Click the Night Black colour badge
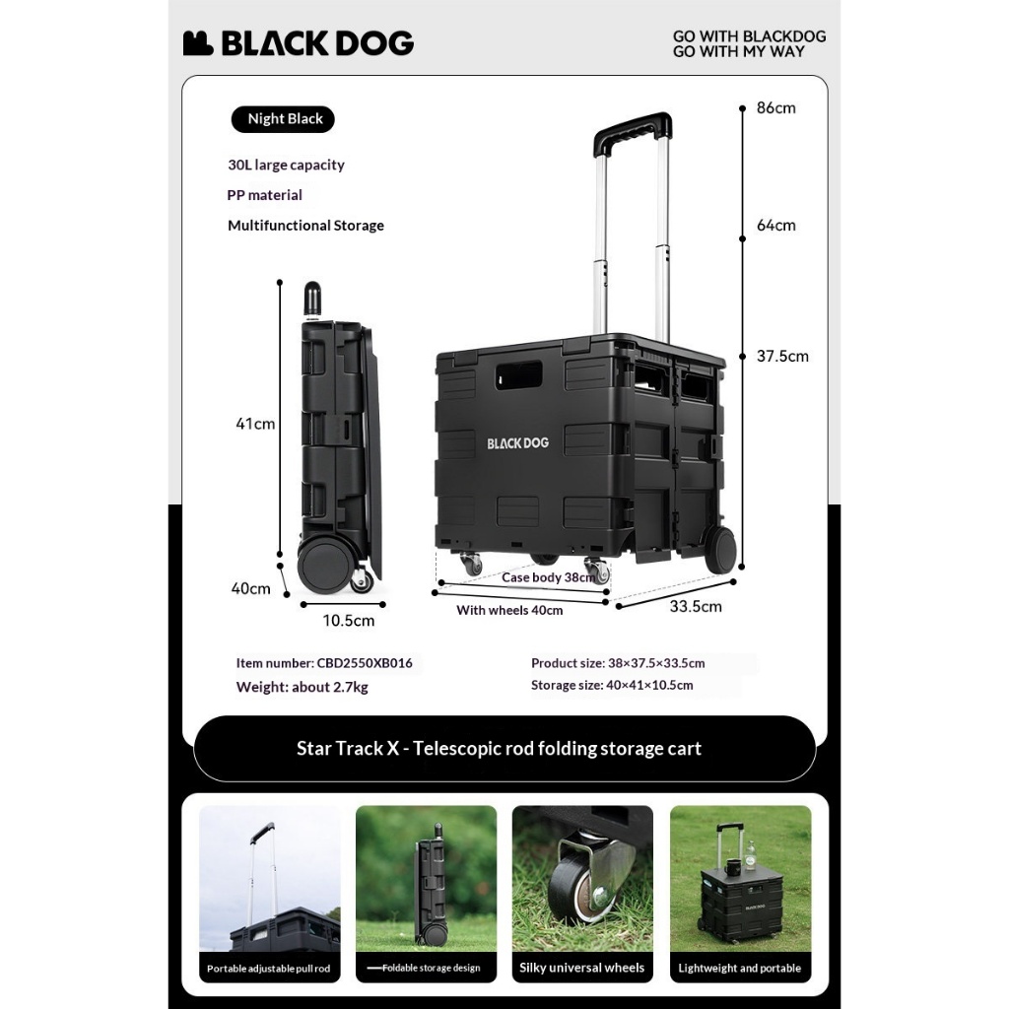pyautogui.click(x=285, y=119)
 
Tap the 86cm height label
pyautogui.click(x=775, y=108)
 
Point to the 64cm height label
pyautogui.click(x=775, y=226)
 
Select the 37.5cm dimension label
pyautogui.click(x=782, y=357)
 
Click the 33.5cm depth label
pyautogui.click(x=696, y=607)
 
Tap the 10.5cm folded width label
pyautogui.click(x=349, y=621)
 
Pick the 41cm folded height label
pyautogui.click(x=255, y=425)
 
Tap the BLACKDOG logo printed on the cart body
pyautogui.click(x=517, y=443)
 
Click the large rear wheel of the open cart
pyautogui.click(x=720, y=550)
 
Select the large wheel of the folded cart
pyautogui.click(x=325, y=565)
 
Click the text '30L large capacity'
pyautogui.click(x=286, y=166)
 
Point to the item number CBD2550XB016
pyautogui.click(x=324, y=663)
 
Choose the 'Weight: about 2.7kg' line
pyautogui.click(x=302, y=687)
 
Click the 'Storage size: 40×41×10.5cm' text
pyautogui.click(x=612, y=685)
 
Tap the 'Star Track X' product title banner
pyautogui.click(x=500, y=749)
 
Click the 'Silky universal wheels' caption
pyautogui.click(x=582, y=968)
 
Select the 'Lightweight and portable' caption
pyautogui.click(x=740, y=968)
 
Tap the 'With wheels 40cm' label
pyautogui.click(x=509, y=611)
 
